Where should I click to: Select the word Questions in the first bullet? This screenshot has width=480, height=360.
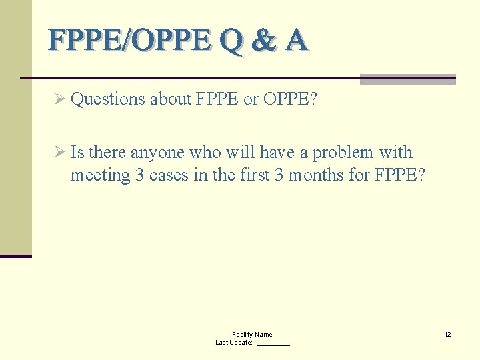click(x=107, y=99)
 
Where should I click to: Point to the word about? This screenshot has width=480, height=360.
click(x=171, y=99)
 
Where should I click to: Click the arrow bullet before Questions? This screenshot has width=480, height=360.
click(x=59, y=99)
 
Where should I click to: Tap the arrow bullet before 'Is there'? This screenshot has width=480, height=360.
click(x=59, y=153)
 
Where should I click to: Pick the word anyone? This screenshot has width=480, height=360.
click(x=158, y=153)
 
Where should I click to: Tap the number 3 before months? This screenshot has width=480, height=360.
click(x=279, y=175)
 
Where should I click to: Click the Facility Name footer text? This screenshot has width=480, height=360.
click(x=252, y=334)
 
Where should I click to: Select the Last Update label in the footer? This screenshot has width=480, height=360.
click(x=234, y=343)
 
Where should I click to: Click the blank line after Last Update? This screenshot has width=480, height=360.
click(x=273, y=343)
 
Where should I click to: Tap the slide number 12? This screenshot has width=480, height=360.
click(x=448, y=334)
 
